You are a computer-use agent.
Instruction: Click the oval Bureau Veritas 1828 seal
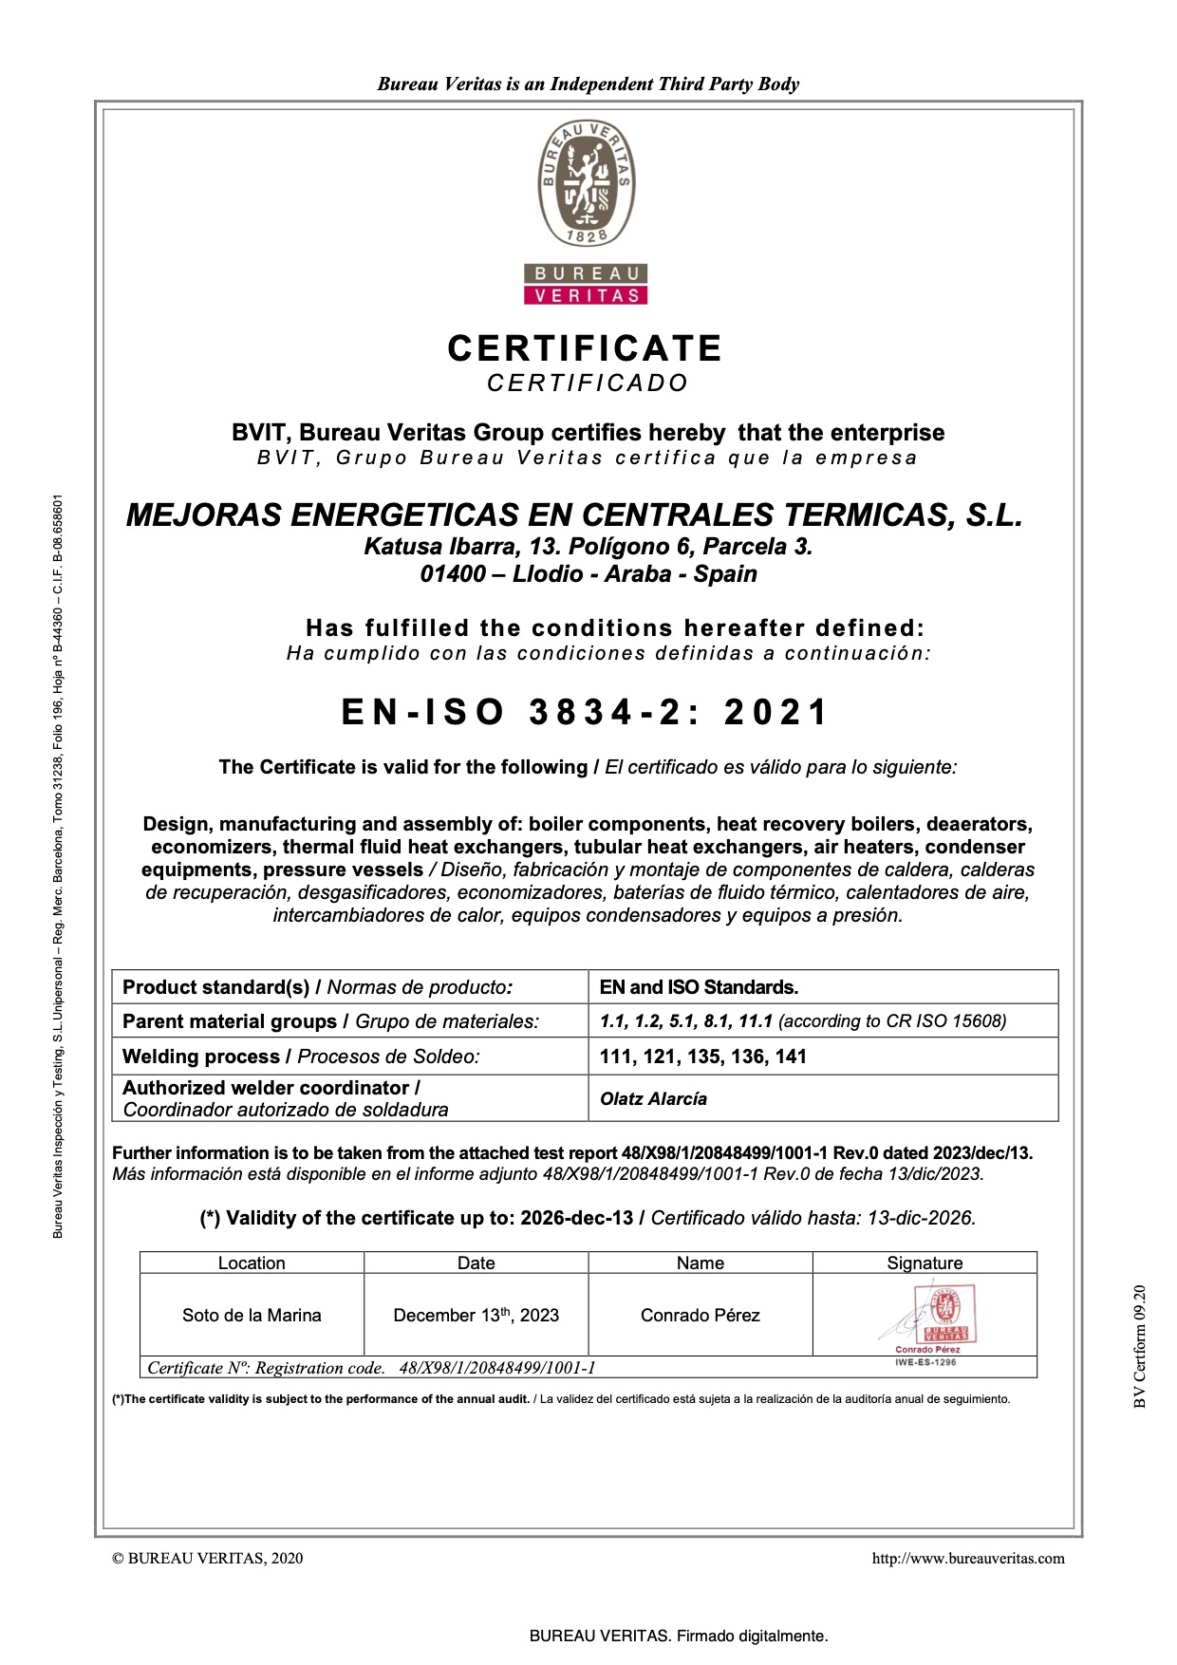pos(587,182)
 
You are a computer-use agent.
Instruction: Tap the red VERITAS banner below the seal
pos(586,295)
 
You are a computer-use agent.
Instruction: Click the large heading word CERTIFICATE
pos(585,348)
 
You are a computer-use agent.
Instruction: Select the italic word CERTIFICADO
pos(588,384)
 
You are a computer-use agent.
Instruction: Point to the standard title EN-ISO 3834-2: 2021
pos(586,712)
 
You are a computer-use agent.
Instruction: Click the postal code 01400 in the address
pos(452,574)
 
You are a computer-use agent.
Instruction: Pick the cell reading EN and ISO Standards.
pos(699,987)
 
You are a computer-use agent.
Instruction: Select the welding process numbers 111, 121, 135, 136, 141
pos(702,1057)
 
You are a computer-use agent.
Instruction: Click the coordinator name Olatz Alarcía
pos(653,1099)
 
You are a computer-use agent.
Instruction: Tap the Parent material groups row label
pos(231,1021)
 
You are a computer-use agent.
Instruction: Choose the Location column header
pos(252,1263)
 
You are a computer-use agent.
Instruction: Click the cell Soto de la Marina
pos(252,1316)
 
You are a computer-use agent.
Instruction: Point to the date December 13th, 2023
pos(476,1316)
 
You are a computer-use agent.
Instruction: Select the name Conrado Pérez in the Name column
pos(700,1316)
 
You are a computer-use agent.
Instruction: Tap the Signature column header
pos(925,1263)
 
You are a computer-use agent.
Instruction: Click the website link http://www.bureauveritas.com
pos(968,1558)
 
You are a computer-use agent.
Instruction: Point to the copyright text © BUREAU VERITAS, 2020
pos(208,1558)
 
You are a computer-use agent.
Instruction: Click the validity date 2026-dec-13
pos(576,1219)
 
